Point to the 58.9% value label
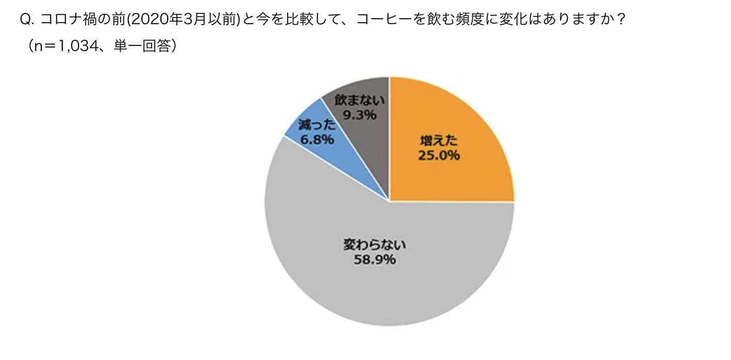(x=375, y=259)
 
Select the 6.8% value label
(x=317, y=139)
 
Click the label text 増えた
(x=438, y=140)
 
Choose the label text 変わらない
(x=375, y=244)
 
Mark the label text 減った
(x=317, y=124)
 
